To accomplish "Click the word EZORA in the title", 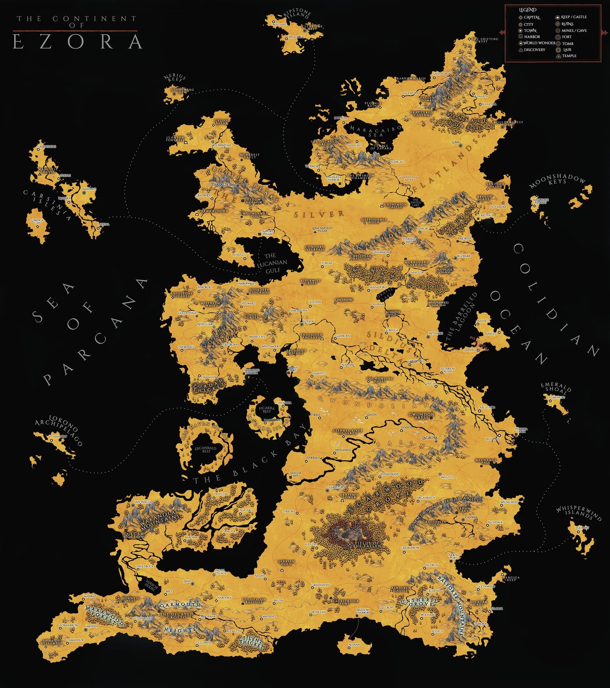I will click(x=77, y=42).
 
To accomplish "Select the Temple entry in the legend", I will click(x=569, y=56).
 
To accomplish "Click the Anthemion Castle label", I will click(x=395, y=205).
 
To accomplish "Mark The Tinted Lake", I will click(x=416, y=202).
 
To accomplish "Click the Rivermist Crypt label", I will click(x=310, y=282).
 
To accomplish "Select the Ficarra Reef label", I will click(x=267, y=409).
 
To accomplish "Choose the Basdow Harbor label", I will click(x=363, y=612).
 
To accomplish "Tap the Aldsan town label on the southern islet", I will click(x=354, y=644).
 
